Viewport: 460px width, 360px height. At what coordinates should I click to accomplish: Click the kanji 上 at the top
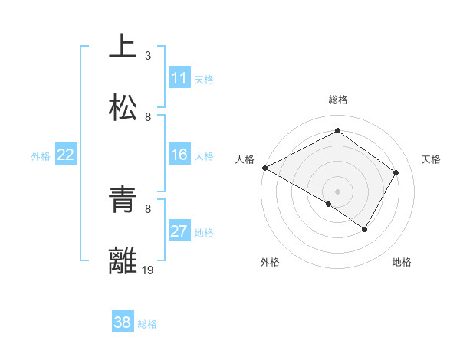coord(123,47)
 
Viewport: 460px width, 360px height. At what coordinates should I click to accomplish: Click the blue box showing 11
coord(179,78)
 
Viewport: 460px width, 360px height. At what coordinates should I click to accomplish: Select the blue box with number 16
coord(179,155)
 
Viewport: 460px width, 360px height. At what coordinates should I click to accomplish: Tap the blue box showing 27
coord(179,231)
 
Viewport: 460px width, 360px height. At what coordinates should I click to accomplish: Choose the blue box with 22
coord(66,155)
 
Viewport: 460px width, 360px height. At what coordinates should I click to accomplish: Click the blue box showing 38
coord(123,322)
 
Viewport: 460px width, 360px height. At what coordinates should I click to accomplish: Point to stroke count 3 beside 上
coord(148,56)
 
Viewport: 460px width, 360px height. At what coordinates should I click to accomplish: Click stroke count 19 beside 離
coord(149,270)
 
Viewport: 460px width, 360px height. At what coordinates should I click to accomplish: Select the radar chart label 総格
coord(338,100)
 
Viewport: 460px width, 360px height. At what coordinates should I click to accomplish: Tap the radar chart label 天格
coord(431,159)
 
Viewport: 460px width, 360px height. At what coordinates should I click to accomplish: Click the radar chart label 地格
coord(402,262)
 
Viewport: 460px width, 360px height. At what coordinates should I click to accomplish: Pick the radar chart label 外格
coord(270,262)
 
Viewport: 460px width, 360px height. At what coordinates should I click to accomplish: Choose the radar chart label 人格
coord(245,159)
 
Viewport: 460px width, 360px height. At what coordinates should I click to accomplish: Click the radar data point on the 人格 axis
coord(264,168)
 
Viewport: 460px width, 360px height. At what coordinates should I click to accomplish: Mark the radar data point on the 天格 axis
coord(396,172)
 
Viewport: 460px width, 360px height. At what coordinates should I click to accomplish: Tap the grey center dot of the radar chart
coord(337,191)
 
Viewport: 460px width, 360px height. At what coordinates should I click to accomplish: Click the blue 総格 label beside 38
coord(147,323)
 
